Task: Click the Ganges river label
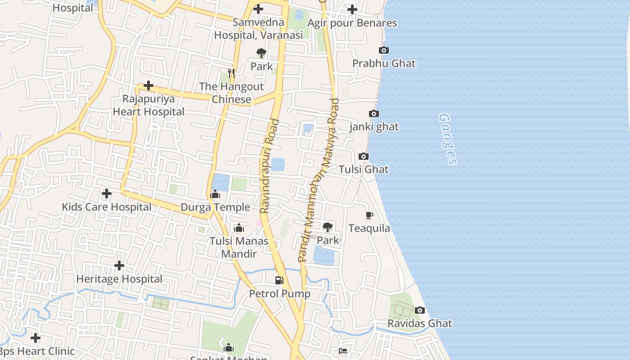point(448,139)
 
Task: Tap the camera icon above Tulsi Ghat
point(364,157)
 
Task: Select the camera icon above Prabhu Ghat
point(383,50)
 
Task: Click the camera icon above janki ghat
point(374,114)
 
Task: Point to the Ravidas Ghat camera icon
point(420,310)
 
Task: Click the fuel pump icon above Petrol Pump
point(279,280)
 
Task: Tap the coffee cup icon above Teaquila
point(369,215)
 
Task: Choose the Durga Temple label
point(215,207)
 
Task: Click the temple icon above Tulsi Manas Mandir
point(239,228)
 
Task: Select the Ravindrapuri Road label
point(269,166)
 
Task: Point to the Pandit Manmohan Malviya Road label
point(318,180)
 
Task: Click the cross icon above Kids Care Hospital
point(107,193)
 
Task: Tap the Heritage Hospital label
point(119,279)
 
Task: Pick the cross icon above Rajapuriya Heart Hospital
point(148,85)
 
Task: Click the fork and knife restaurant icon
point(231,73)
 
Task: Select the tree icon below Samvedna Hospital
point(261,54)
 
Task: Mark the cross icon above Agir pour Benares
point(352,9)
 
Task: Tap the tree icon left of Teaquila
point(328,227)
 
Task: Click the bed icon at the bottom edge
point(343,351)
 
